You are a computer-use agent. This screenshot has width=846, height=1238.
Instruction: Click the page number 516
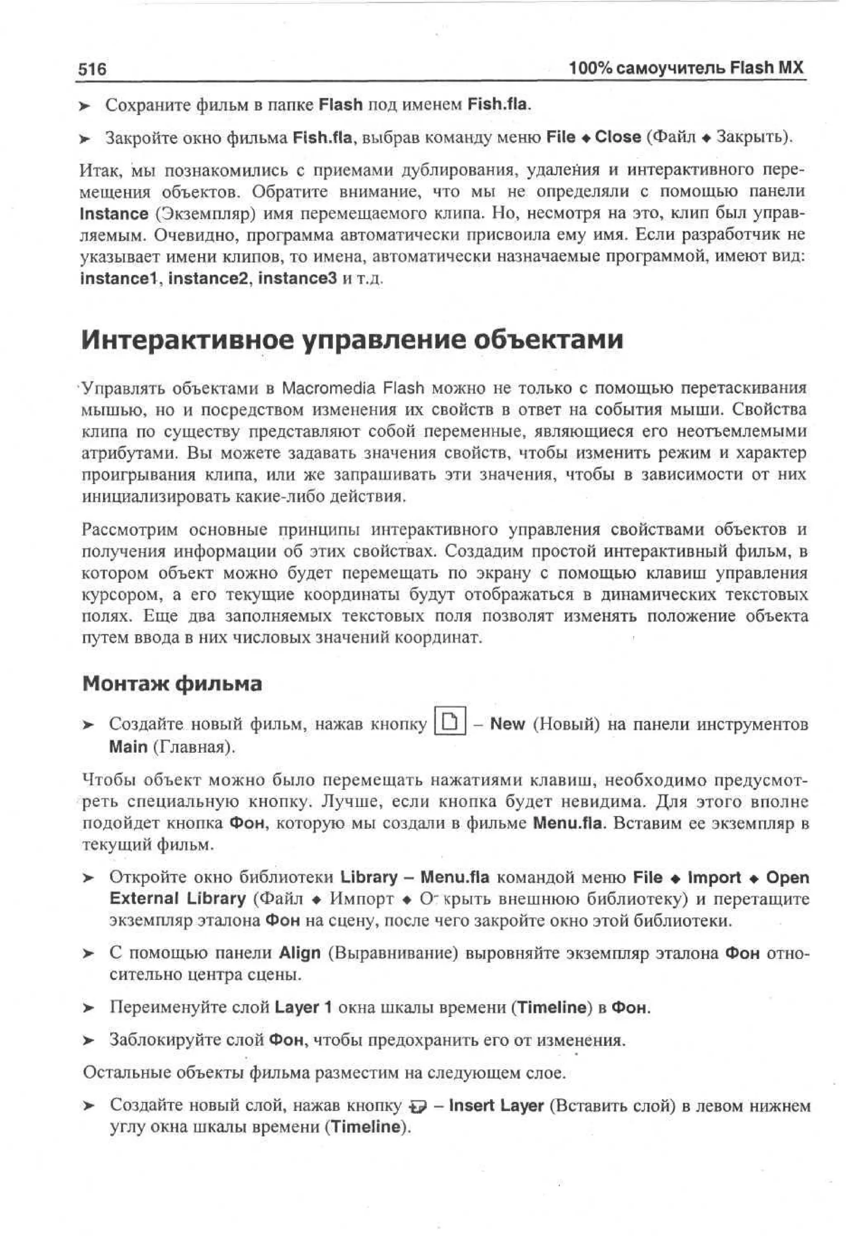point(93,69)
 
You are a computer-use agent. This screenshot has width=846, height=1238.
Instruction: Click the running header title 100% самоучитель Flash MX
point(686,68)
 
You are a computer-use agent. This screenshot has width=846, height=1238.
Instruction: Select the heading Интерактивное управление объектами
point(352,339)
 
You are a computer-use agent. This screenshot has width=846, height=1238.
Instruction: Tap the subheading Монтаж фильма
point(172,684)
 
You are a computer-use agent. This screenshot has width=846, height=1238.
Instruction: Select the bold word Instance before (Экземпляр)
point(114,214)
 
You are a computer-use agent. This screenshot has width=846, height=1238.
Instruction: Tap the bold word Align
point(300,953)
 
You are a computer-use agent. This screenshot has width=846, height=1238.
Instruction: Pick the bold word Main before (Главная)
point(128,746)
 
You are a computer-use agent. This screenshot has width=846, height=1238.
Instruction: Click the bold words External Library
point(177,899)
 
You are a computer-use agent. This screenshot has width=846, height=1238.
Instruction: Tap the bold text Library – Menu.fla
point(414,877)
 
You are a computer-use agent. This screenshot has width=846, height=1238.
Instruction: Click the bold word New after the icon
point(507,724)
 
